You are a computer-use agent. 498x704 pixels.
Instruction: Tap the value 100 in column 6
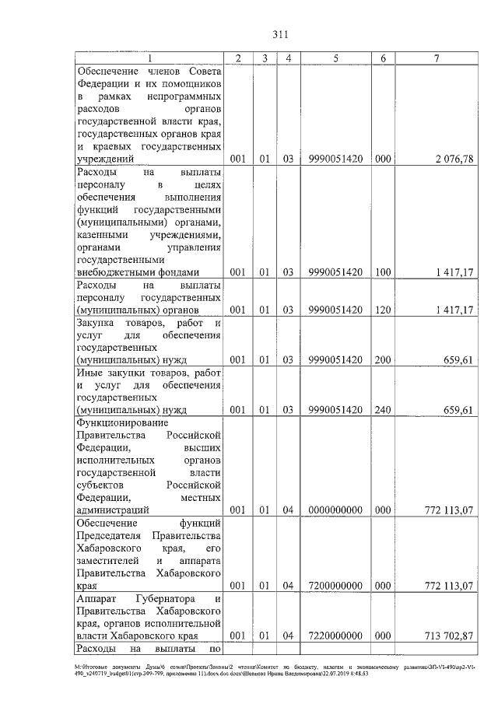click(x=382, y=272)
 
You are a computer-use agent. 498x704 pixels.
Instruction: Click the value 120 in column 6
click(x=382, y=310)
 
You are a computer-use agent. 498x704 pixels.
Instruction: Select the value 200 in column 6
click(x=382, y=360)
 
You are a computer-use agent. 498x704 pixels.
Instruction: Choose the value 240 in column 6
click(x=382, y=410)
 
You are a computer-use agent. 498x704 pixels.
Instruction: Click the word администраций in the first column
click(x=112, y=510)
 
